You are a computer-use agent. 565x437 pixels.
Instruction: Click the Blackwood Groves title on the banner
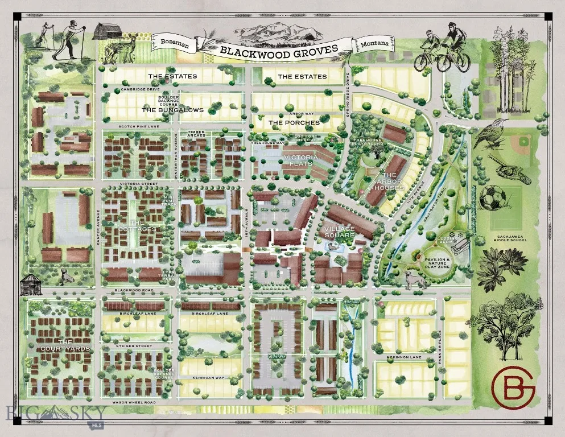coord(278,50)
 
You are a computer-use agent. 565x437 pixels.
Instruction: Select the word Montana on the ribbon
coord(374,43)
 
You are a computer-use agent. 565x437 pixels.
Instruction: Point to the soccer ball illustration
coord(493,199)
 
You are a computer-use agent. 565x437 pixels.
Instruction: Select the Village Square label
coord(339,232)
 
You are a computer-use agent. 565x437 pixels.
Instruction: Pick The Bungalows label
coord(172,110)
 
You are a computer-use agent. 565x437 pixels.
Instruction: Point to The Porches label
coord(294,122)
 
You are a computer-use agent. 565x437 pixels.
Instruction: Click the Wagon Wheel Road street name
coord(134,403)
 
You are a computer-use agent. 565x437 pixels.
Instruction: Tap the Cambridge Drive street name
coord(140,89)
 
